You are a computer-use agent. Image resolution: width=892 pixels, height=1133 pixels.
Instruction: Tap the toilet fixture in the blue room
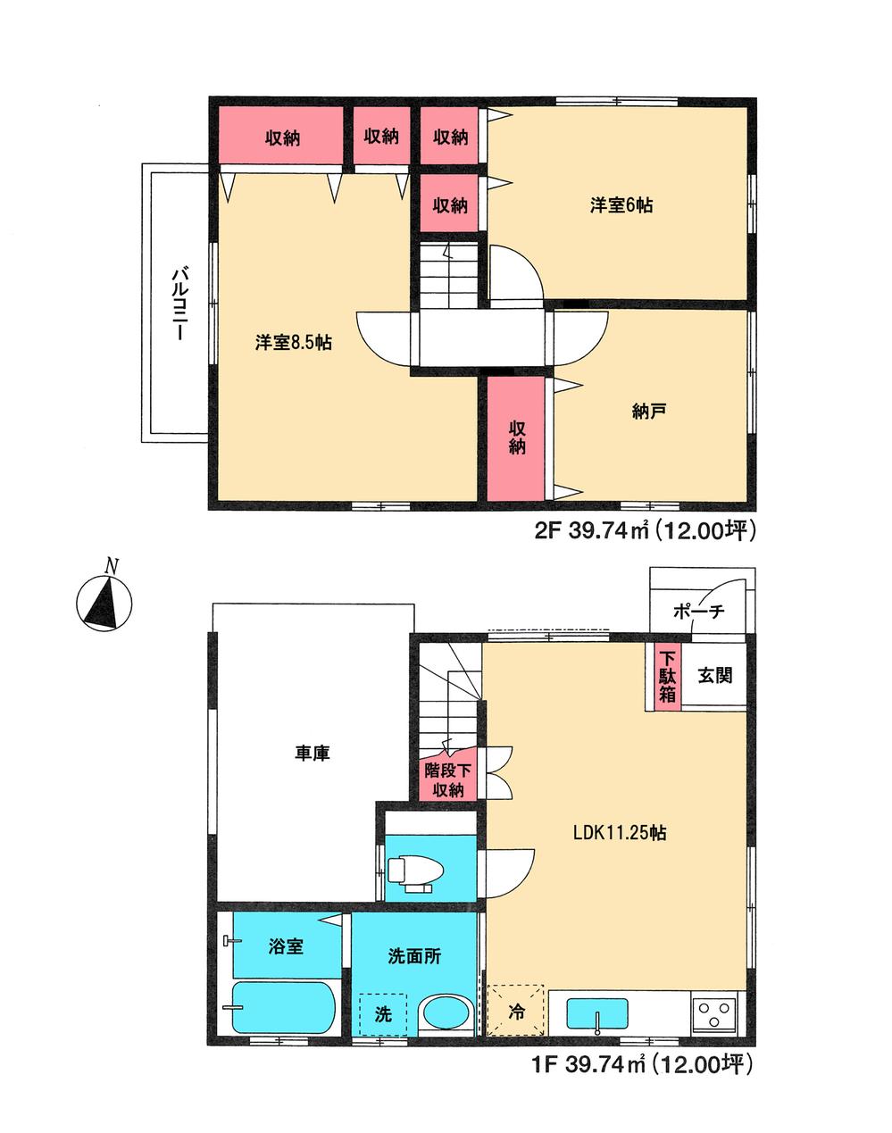coord(412,871)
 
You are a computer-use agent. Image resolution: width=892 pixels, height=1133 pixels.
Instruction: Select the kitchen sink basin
coord(597,1015)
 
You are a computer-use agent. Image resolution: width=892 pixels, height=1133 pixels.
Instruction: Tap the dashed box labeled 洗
coord(383,1014)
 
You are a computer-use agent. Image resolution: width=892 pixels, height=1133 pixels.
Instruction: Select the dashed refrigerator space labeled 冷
coord(516,1011)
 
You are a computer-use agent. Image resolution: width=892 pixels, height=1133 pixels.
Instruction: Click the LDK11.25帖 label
coord(620,833)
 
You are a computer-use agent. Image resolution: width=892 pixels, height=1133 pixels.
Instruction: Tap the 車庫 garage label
coord(313,754)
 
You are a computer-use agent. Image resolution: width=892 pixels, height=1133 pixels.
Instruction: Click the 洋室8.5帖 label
coord(294,342)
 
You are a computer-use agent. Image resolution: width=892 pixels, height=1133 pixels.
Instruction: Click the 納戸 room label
coord(649,411)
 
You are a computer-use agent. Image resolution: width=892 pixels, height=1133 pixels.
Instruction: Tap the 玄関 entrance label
coord(715,675)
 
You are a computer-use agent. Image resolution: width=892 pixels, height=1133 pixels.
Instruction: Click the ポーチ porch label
coord(698,612)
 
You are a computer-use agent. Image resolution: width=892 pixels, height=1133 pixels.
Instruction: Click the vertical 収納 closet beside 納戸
coord(516,437)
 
